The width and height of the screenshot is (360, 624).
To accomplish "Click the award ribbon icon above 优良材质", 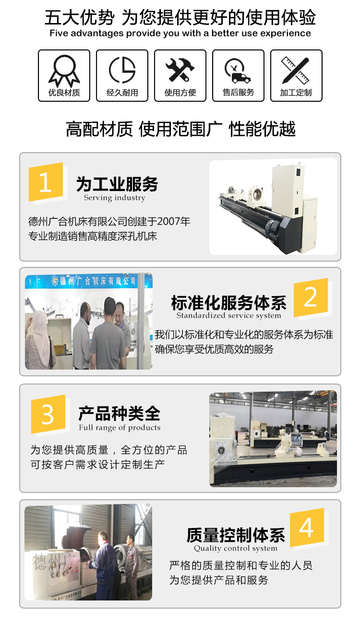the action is [x=64, y=71].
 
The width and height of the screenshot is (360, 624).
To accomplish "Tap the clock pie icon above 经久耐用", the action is [x=122, y=70].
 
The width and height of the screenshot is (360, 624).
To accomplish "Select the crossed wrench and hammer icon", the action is [x=180, y=70].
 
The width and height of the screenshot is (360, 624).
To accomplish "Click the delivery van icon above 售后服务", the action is [x=238, y=71].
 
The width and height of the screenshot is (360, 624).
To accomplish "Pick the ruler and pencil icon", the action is [x=295, y=71].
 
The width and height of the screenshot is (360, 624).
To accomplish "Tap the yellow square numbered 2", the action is [x=311, y=297].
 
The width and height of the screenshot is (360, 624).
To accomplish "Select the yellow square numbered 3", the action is [x=48, y=414].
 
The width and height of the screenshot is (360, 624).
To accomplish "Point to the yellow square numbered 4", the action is [x=307, y=528].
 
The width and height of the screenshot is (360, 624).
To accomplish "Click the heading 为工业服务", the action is [x=117, y=184].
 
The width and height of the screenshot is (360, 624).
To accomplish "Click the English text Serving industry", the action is [x=115, y=198].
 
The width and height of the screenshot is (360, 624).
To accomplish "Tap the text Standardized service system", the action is [x=229, y=315].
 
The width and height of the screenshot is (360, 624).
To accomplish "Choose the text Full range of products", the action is [x=120, y=428].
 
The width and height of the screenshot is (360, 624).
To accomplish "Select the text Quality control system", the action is [x=236, y=548].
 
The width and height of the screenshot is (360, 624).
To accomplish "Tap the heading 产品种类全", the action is [x=119, y=414].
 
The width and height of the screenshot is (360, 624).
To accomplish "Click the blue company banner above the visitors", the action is [x=89, y=281].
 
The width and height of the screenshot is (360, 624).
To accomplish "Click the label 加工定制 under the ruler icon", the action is [x=296, y=93].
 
